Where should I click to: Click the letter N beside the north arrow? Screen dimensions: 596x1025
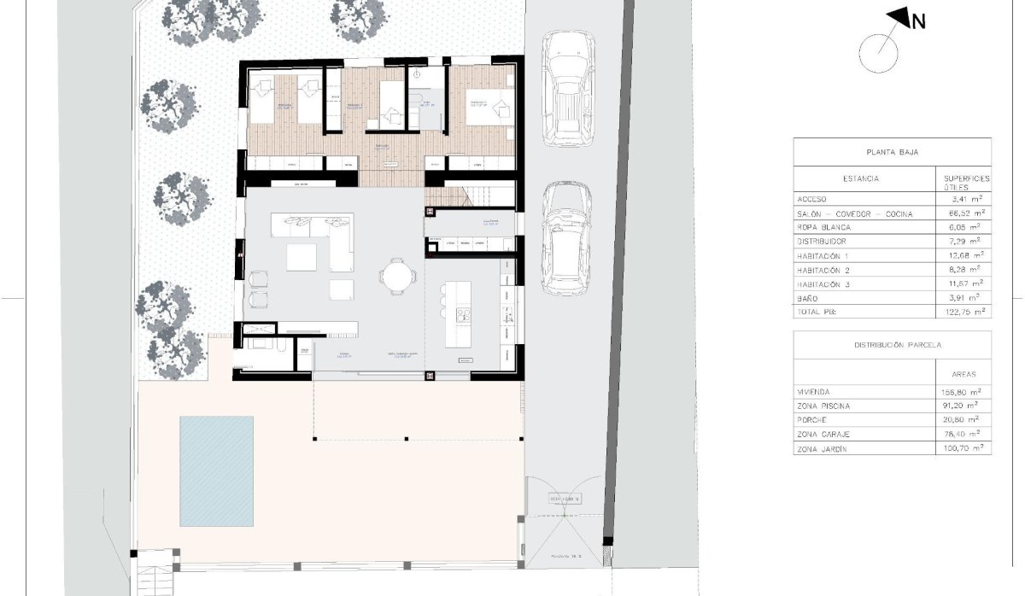click(x=918, y=23)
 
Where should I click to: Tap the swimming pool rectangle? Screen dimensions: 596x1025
click(x=216, y=470)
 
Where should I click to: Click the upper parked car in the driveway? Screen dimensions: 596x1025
click(x=567, y=85)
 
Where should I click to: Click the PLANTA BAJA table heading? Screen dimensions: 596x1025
click(x=892, y=152)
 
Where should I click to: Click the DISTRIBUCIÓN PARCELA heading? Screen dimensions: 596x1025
click(x=892, y=345)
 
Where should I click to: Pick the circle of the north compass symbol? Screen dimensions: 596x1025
click(x=879, y=54)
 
